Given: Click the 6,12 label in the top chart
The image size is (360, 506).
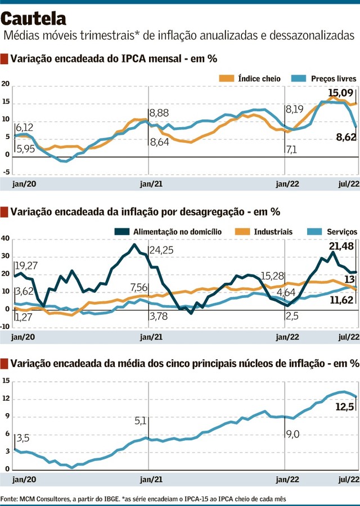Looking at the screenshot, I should pyautogui.click(x=25, y=128).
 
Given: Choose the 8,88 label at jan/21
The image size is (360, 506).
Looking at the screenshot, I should pyautogui.click(x=159, y=113).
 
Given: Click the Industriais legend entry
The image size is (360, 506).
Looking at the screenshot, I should pyautogui.click(x=273, y=231).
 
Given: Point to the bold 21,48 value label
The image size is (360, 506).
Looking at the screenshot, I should pyautogui.click(x=341, y=246).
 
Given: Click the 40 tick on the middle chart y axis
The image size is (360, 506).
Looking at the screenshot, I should pyautogui.click(x=6, y=238).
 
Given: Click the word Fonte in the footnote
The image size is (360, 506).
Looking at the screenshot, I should pyautogui.click(x=9, y=498).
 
